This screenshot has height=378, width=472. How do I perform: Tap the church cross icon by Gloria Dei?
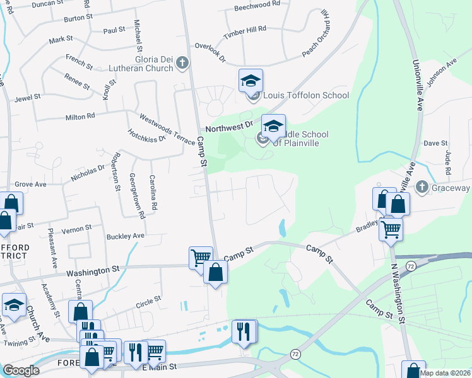click(182, 62)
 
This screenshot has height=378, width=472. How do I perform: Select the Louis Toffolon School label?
click(306, 96)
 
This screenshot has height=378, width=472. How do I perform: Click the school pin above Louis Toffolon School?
click(251, 81)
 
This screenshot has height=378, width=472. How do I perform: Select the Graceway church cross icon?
click(422, 188)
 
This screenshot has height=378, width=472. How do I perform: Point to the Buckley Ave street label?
click(126, 236)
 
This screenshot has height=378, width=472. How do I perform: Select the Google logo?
click(21, 370)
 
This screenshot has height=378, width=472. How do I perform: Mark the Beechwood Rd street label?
click(256, 5)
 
